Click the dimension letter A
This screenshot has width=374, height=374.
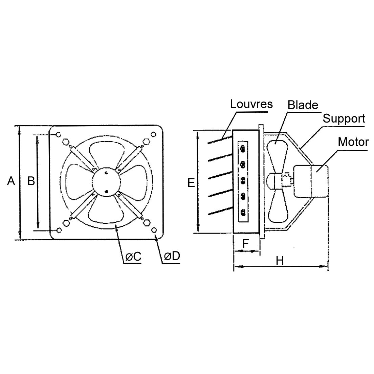[11, 181]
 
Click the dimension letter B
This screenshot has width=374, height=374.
[31, 181]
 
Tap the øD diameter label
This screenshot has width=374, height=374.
[172, 256]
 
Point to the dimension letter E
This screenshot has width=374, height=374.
[191, 183]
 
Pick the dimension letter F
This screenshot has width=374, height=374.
[246, 243]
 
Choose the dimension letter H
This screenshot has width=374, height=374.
[280, 260]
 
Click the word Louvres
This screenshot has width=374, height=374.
[251, 104]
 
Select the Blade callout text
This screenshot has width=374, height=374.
[303, 105]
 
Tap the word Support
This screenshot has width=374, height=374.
[344, 119]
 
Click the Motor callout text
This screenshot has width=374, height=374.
[353, 141]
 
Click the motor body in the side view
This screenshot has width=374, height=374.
[311, 181]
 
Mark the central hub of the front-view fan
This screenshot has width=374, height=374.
[106, 182]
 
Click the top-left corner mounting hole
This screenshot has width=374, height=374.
[58, 135]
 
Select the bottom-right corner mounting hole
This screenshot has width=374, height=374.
[155, 230]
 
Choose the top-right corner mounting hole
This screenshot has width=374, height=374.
[155, 134]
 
